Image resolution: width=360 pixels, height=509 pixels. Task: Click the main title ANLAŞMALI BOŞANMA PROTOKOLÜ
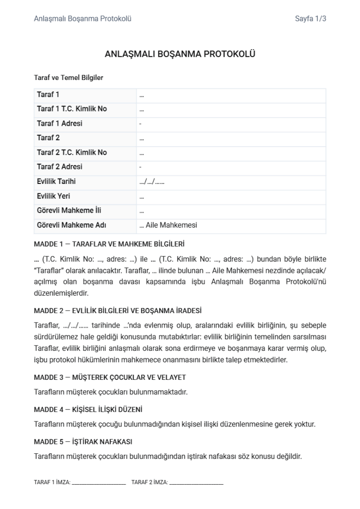click(x=180, y=54)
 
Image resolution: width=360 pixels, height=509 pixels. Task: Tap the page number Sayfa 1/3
click(x=310, y=19)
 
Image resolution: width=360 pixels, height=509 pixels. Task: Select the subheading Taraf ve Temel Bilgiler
click(x=68, y=78)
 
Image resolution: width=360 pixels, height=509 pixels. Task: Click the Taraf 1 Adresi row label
click(x=60, y=123)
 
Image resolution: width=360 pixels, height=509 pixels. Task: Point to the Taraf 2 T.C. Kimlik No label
click(x=72, y=152)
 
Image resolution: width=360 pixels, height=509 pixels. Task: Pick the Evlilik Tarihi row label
click(x=56, y=181)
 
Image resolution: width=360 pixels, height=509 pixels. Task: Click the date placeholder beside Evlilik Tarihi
click(x=152, y=182)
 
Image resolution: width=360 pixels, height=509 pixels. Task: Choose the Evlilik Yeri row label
click(x=53, y=196)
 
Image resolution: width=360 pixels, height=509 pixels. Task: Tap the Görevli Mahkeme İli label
click(x=69, y=210)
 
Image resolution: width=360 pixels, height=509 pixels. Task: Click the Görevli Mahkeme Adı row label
click(x=71, y=225)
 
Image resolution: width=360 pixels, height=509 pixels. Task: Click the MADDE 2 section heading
click(x=117, y=311)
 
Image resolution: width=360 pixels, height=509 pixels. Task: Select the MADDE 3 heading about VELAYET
click(x=110, y=377)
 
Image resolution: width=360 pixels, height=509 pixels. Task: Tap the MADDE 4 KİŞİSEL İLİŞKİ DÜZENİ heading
click(x=88, y=410)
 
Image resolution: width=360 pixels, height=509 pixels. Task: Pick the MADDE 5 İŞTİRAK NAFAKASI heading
click(x=83, y=441)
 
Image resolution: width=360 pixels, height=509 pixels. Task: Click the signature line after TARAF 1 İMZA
click(x=99, y=483)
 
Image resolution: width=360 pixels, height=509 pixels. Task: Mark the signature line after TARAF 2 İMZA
click(x=196, y=483)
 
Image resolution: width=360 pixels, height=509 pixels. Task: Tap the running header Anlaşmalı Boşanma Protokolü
click(x=83, y=19)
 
